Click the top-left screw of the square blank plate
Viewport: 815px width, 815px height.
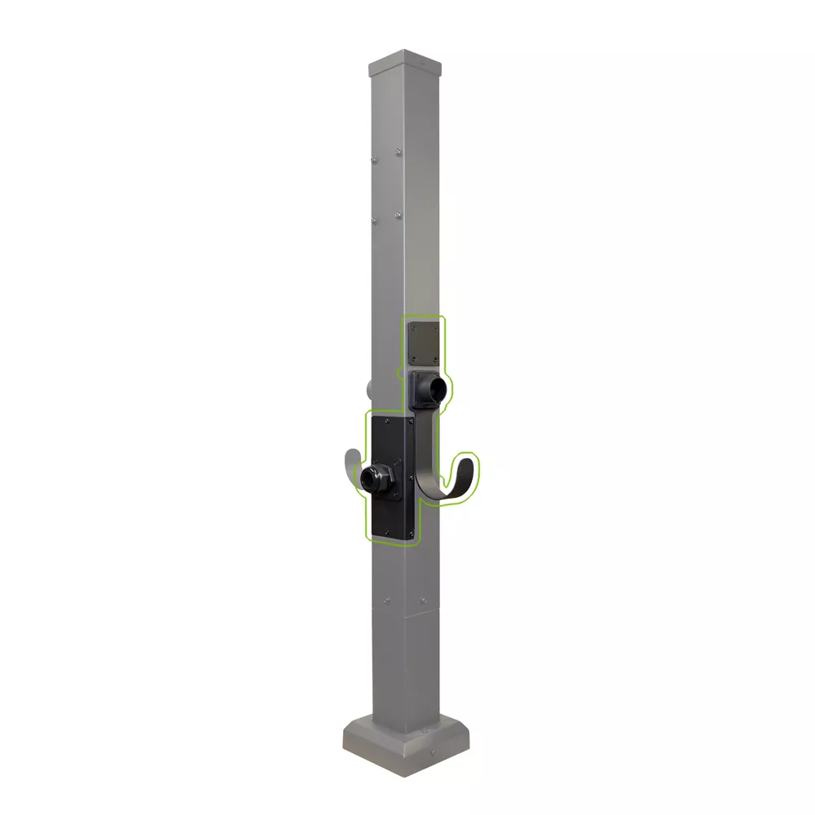pos(413,325)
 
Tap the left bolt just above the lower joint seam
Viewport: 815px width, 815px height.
pos(386,602)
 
